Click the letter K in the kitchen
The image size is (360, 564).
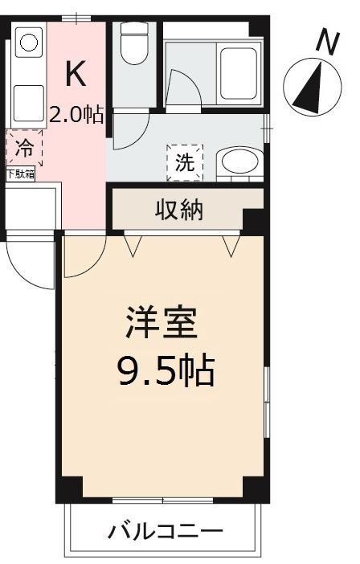tap(76, 73)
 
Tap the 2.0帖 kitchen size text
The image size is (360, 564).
tap(76, 114)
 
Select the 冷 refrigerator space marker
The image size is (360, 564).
tap(25, 148)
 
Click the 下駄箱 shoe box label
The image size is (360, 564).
tap(21, 175)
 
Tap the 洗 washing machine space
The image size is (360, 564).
tap(185, 162)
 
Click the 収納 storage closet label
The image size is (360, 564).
tap(179, 210)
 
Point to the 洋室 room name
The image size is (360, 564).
tap(162, 323)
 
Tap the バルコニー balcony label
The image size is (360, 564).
tap(166, 531)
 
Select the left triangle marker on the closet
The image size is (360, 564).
tap(133, 247)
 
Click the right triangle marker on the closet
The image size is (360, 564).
tap(231, 247)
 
